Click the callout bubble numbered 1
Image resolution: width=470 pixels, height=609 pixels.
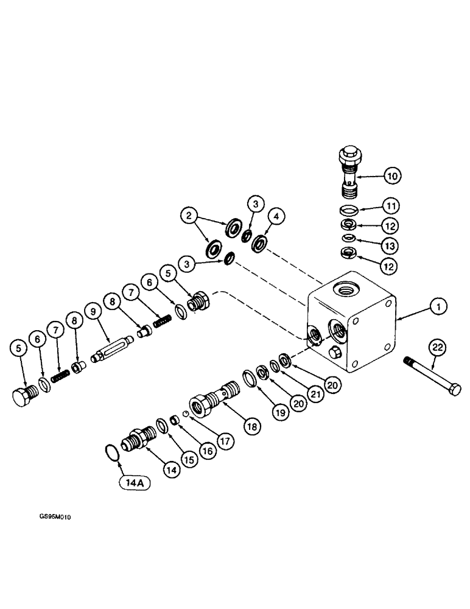[x=436, y=308]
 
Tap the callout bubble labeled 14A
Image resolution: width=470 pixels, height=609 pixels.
[x=131, y=484]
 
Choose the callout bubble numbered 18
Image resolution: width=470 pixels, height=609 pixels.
[x=250, y=426]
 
